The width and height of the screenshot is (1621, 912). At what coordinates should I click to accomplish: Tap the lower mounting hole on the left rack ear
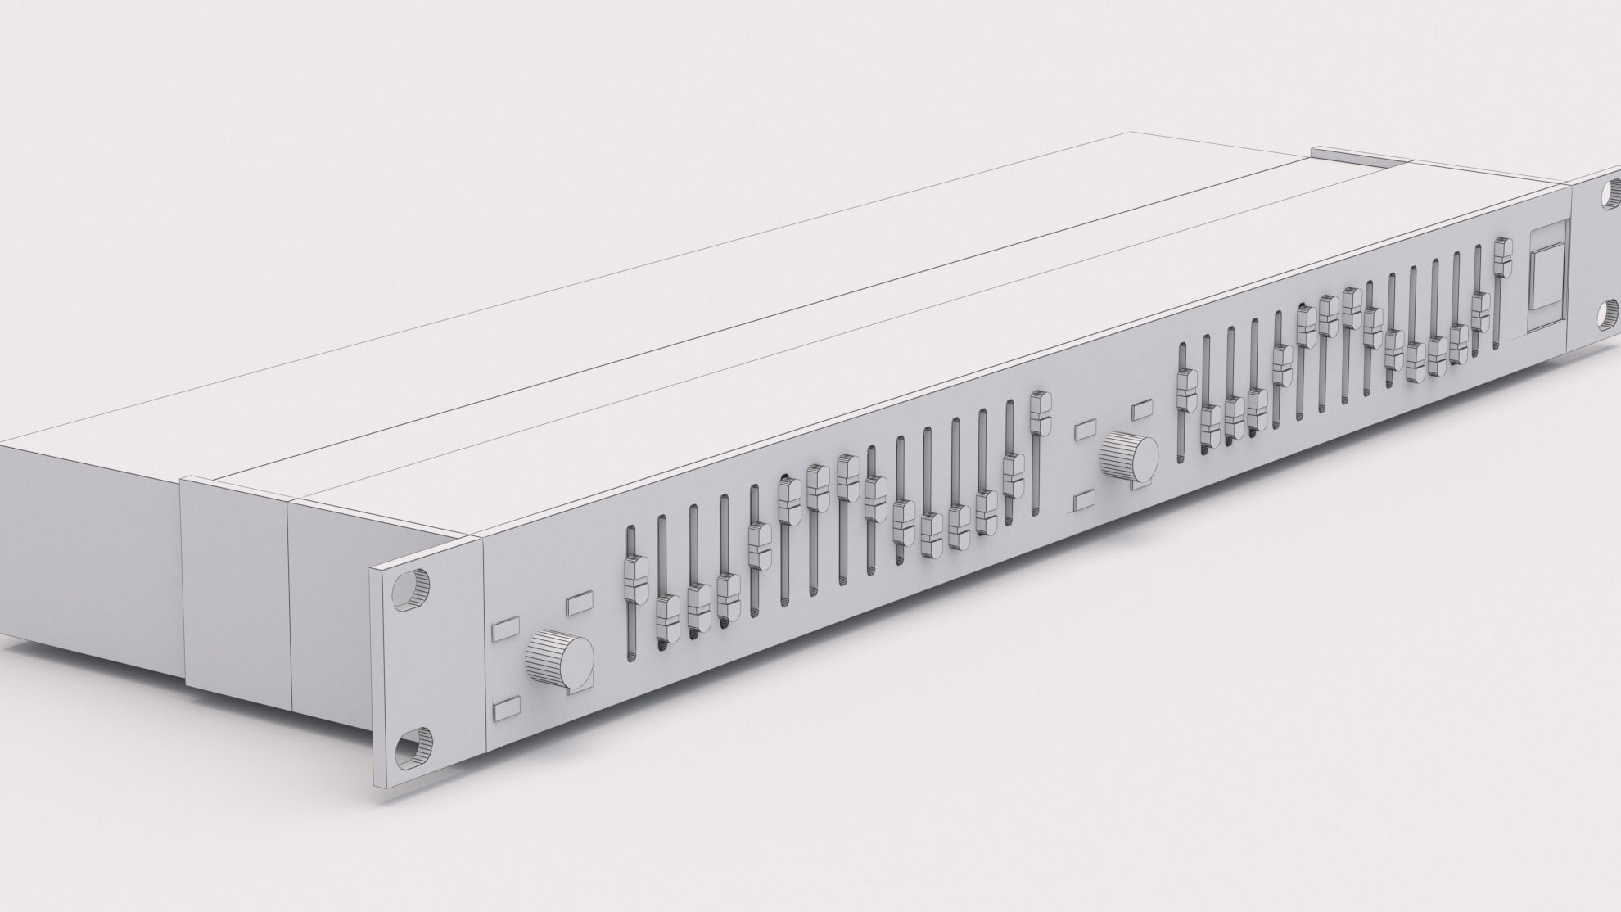click(x=411, y=747)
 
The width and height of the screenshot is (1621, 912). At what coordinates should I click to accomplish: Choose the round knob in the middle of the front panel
click(x=1130, y=458)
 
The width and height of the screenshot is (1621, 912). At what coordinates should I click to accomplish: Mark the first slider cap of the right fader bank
click(x=1185, y=389)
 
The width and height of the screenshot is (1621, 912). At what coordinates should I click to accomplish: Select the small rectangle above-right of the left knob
click(x=579, y=603)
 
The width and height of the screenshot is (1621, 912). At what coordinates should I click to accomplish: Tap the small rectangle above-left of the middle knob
click(x=1086, y=428)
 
